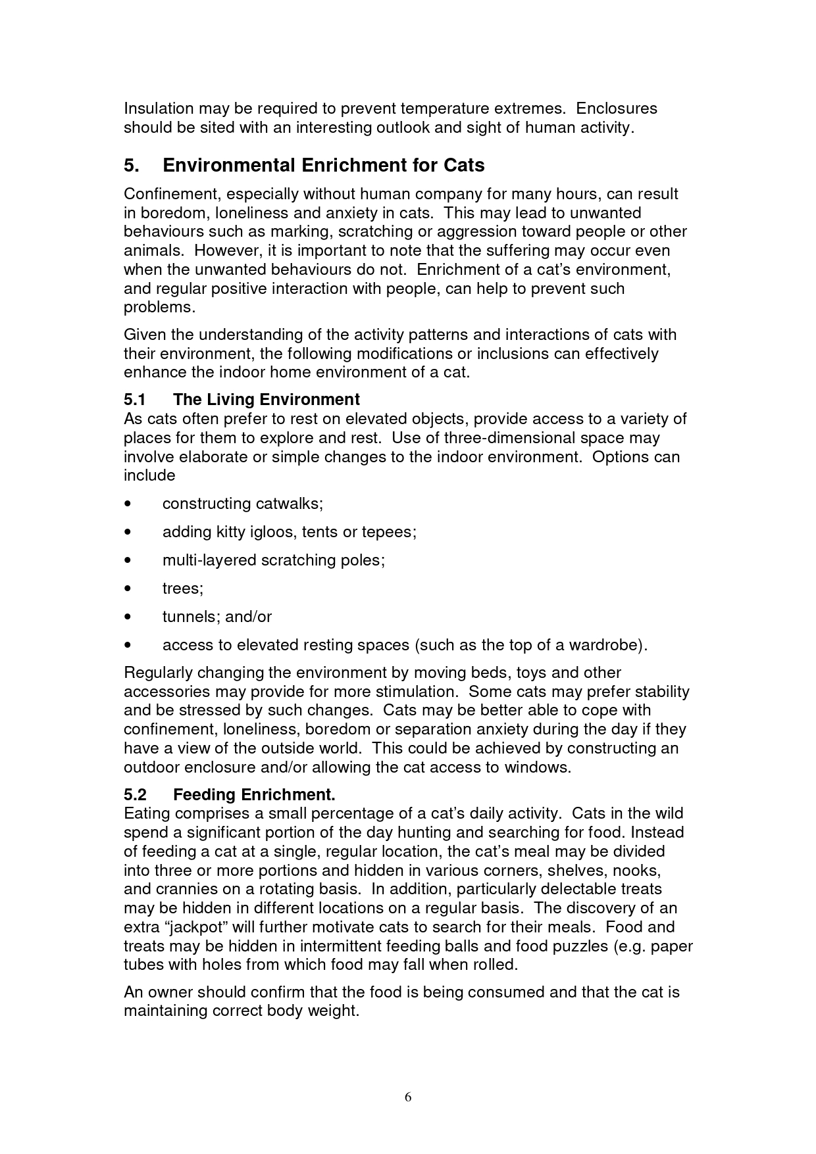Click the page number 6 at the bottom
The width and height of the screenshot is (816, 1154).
point(408,1096)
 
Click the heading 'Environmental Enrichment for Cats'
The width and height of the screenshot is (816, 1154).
point(323,165)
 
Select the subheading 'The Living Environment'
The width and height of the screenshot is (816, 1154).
point(266,400)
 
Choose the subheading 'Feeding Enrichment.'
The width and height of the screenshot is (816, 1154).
point(254,794)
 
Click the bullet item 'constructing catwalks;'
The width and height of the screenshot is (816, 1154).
point(243,504)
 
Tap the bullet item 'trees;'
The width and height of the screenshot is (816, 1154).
point(183,589)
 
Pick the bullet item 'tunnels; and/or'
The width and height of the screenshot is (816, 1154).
point(217,617)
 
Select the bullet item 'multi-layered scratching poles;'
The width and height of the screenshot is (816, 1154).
point(273,560)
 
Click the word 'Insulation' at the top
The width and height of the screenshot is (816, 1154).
point(159,108)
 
